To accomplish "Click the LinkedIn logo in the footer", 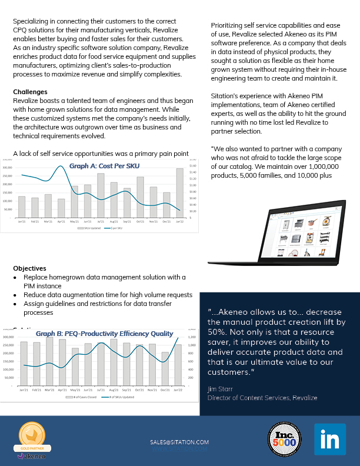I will pos(329,439).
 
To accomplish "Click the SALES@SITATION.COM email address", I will pos(179,442).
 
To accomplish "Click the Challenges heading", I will pos(31,92).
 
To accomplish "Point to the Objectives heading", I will pos(29,268).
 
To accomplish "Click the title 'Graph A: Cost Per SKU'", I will pos(101,167).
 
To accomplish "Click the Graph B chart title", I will pos(105,333).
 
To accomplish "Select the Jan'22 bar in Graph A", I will pos(179,192).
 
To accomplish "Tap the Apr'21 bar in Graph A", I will pos(62,208).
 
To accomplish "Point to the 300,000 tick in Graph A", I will pos(8,168).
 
